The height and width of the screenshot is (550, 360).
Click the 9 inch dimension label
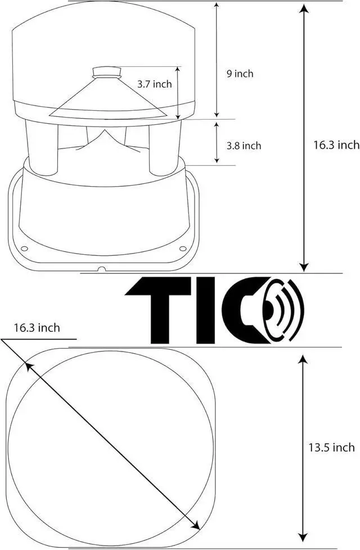tap(240, 74)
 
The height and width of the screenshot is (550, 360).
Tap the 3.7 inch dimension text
tap(154, 84)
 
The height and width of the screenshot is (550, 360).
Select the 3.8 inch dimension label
tap(244, 146)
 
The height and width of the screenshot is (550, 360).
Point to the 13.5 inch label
tap(331, 448)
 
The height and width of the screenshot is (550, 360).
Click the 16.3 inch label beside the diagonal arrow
tap(37, 328)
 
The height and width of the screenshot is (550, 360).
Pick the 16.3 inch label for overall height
tap(336, 145)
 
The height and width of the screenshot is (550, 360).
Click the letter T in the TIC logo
tap(158, 310)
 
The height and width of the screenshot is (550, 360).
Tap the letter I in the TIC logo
tap(205, 310)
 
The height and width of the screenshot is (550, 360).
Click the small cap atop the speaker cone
tap(107, 72)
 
